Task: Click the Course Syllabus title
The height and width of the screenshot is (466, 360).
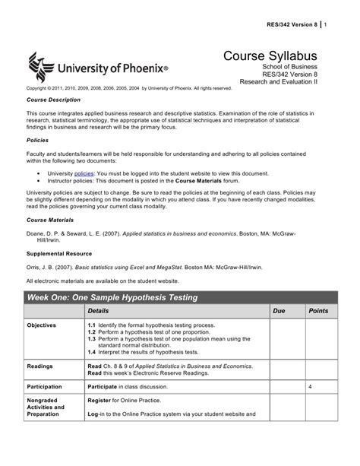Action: [x=269, y=58]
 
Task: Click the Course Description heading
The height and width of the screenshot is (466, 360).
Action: [x=53, y=100]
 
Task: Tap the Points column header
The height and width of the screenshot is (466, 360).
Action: [x=318, y=312]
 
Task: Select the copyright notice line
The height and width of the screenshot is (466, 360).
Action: [x=129, y=88]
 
